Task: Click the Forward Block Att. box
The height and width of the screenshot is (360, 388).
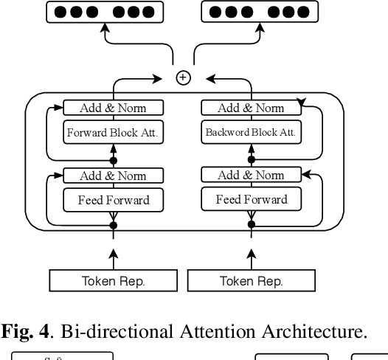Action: point(113,134)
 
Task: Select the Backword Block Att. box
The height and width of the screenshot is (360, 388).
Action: point(251,134)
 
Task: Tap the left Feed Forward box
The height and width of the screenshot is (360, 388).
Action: point(113,200)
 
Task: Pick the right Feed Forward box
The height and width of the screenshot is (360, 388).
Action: point(251,200)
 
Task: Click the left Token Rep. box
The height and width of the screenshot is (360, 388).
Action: point(113,281)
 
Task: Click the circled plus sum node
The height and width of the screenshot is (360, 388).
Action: point(182,78)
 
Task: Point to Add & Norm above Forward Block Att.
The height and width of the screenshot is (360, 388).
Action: point(113,108)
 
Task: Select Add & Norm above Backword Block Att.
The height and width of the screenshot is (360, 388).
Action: point(251,108)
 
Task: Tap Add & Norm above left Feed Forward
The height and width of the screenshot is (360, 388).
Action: point(113,176)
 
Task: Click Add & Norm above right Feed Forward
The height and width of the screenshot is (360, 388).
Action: point(251,176)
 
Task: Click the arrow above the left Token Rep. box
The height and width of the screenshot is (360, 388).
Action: point(113,257)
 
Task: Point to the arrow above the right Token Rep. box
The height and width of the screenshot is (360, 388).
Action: point(251,257)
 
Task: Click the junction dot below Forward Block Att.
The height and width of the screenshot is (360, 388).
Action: point(113,159)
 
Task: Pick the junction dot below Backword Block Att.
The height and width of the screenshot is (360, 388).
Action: point(251,159)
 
